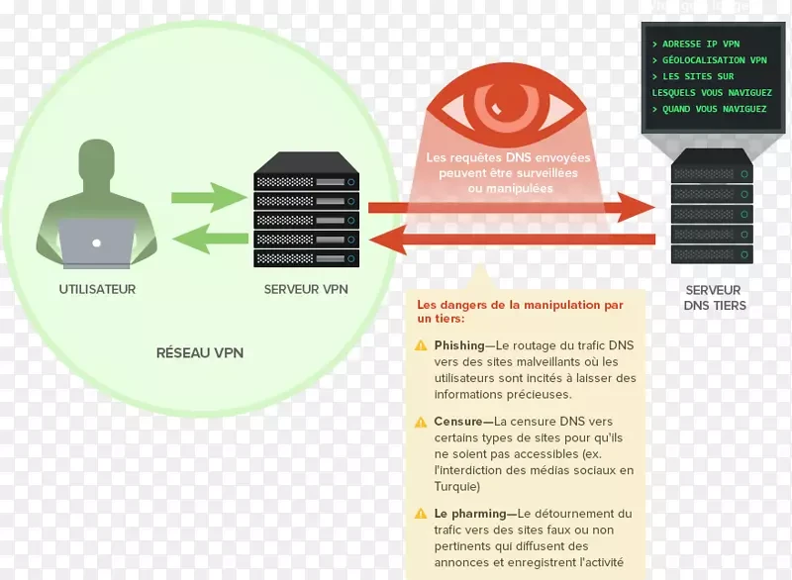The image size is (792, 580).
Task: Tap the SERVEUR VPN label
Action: pos(305,290)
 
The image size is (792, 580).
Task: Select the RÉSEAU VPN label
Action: pos(200,352)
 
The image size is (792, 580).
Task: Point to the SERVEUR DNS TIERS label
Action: pos(714,298)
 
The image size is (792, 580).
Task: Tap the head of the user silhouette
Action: pos(97,163)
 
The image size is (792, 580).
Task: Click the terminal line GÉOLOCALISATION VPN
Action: pos(708,60)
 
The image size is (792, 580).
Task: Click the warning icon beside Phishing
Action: pos(422,345)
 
